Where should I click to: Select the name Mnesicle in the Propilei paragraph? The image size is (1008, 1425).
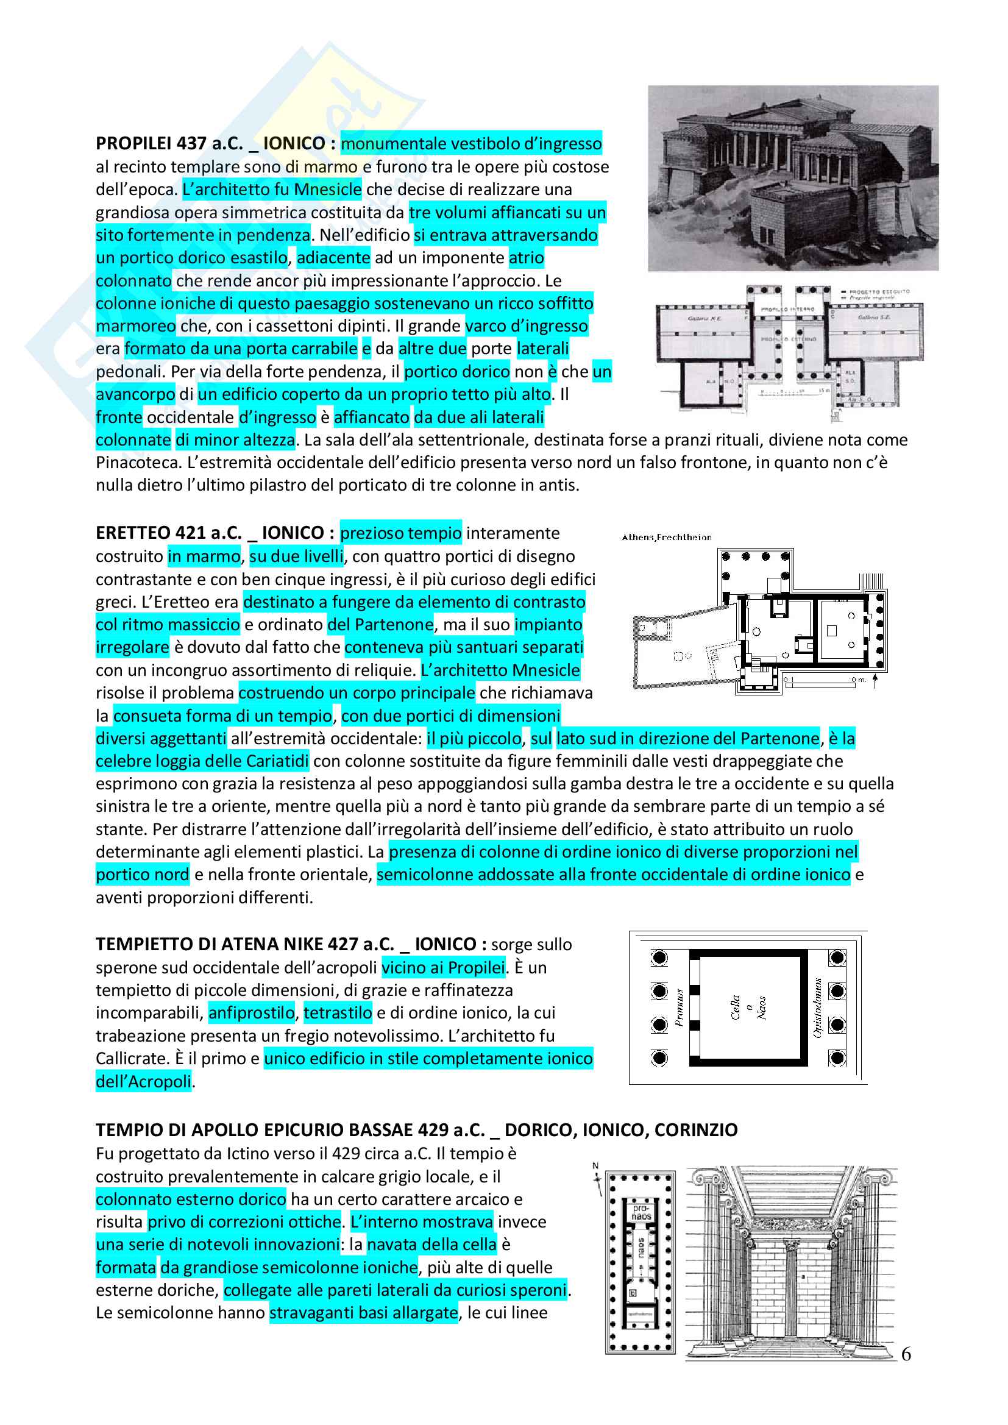(328, 190)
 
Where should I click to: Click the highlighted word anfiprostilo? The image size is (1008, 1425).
(251, 1013)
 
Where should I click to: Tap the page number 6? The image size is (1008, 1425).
(906, 1354)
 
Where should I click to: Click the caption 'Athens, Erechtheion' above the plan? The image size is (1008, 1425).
(667, 538)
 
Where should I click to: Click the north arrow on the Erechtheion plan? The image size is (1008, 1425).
(875, 681)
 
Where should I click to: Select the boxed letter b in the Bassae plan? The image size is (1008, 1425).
(633, 1293)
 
